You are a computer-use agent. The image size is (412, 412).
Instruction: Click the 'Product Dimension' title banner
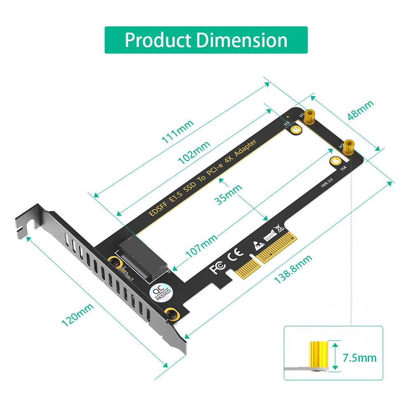206,40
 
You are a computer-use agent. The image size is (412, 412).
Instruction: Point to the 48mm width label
360,110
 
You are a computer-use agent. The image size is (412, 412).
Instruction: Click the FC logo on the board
218,268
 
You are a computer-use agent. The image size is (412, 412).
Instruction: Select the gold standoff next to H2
349,146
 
